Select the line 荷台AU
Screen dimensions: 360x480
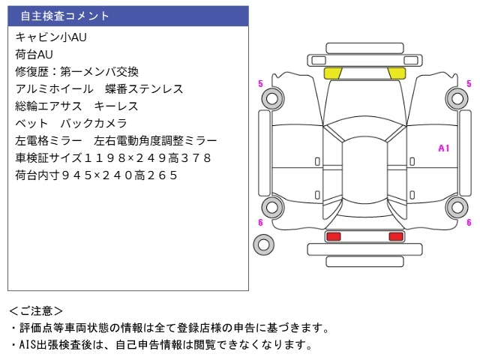point(34,53)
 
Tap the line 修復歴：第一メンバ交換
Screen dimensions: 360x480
point(76,71)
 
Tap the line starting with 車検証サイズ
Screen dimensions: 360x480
point(112,157)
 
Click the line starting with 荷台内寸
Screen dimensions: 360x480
point(96,175)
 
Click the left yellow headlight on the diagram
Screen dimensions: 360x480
point(332,73)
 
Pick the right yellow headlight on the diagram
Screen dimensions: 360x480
point(396,73)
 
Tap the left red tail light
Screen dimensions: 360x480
point(333,236)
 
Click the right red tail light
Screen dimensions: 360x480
point(395,236)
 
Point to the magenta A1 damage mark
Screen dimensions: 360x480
point(443,148)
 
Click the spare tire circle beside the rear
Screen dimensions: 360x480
point(263,243)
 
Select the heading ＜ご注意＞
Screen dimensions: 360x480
point(36,310)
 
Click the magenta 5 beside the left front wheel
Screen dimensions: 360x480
point(260,83)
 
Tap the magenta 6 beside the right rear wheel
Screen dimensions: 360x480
point(469,222)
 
